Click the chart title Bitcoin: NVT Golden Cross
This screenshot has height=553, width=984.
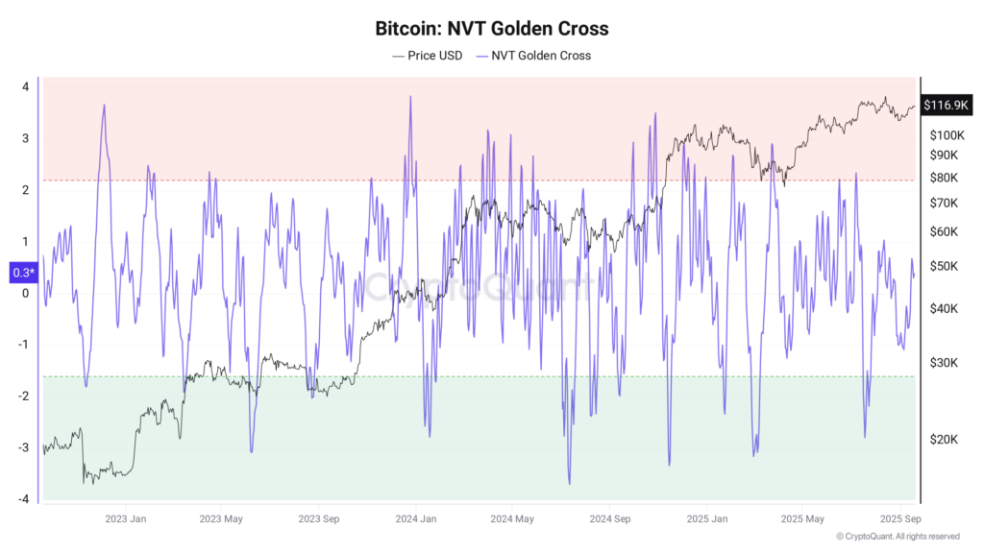point(491,29)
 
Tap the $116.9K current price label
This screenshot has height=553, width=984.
point(946,105)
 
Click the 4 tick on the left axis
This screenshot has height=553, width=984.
point(25,86)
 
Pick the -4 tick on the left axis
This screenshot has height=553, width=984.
point(23,499)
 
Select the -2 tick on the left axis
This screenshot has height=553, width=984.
point(23,396)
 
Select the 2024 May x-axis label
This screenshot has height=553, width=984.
point(511,519)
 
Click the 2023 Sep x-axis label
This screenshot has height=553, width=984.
point(317,519)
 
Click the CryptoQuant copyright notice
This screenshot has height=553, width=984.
point(897,537)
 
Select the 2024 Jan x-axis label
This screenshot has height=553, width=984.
point(414,519)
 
